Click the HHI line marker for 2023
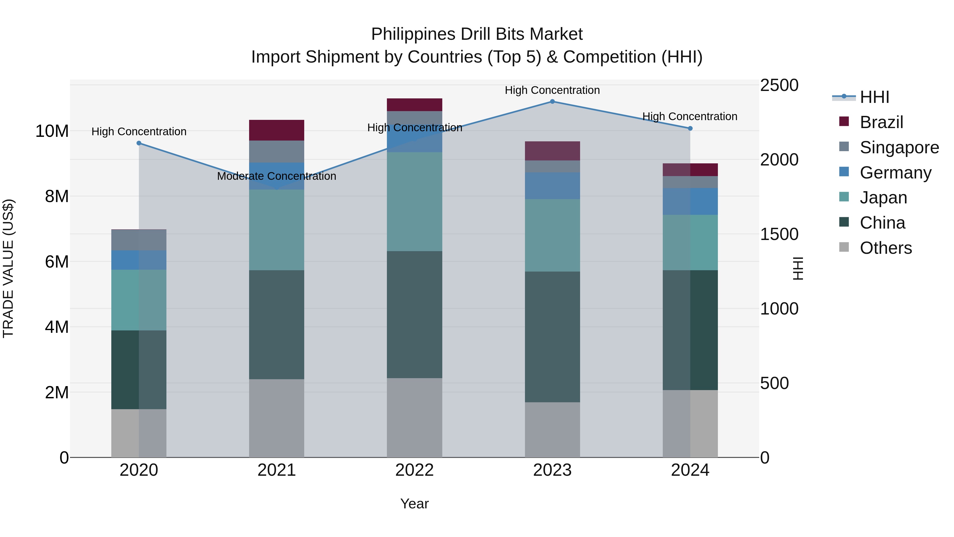[552, 102]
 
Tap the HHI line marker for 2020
[139, 143]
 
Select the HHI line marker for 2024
[690, 128]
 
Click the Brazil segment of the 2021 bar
[276, 130]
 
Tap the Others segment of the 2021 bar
[276, 418]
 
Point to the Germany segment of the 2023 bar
[552, 186]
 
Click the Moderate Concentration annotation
[276, 176]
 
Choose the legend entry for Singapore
[899, 147]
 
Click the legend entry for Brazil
[881, 122]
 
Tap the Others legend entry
[885, 248]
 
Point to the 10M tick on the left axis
[52, 131]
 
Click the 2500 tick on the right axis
[779, 85]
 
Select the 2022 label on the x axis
[414, 470]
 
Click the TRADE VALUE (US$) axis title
[8, 268]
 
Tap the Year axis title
[414, 504]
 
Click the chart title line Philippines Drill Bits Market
[477, 34]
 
